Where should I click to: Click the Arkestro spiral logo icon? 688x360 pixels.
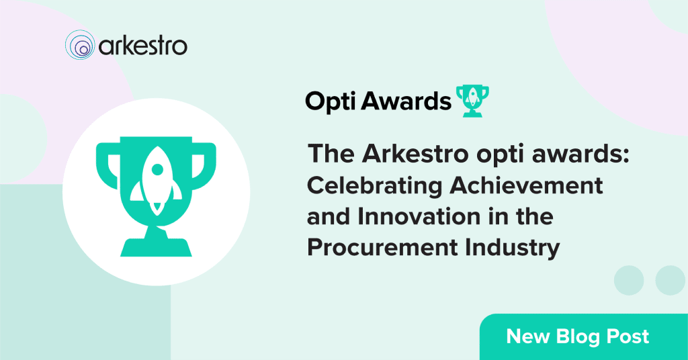(x=80, y=45)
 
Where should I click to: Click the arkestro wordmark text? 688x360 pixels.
(x=143, y=46)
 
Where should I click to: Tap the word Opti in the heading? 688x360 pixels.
(x=331, y=101)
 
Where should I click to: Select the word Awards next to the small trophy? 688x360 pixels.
(x=406, y=101)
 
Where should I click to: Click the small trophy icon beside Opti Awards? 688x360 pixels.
(x=472, y=101)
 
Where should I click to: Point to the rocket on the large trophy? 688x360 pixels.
(x=156, y=180)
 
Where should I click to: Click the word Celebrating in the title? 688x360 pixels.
(x=374, y=186)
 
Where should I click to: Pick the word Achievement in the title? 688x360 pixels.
(x=526, y=185)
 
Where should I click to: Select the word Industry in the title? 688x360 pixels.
(x=513, y=249)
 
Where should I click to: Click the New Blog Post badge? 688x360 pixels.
(x=584, y=336)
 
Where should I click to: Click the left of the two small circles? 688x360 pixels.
(x=629, y=280)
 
